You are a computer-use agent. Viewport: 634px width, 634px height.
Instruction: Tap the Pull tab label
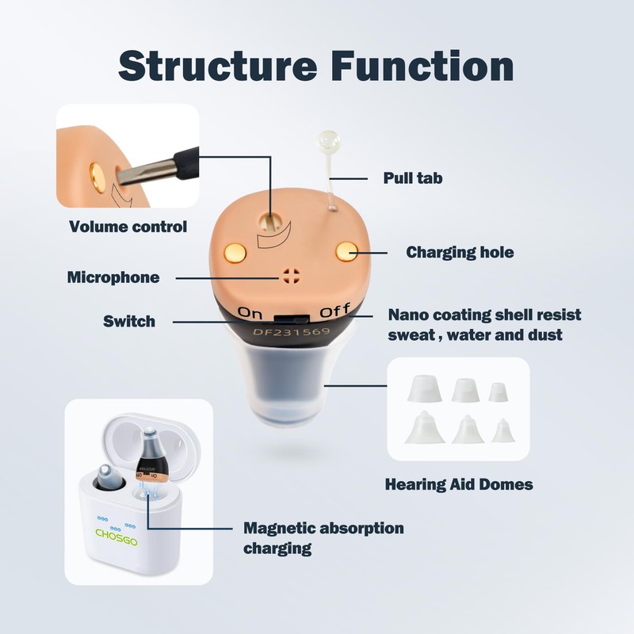click(x=412, y=178)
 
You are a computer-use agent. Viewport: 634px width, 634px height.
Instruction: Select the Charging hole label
click(x=460, y=253)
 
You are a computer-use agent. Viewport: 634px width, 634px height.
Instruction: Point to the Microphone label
click(x=113, y=277)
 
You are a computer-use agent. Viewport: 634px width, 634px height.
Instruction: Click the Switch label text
click(x=129, y=321)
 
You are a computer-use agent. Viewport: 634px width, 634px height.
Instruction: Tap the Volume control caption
click(x=128, y=227)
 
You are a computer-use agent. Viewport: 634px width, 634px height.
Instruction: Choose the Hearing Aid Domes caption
click(x=458, y=483)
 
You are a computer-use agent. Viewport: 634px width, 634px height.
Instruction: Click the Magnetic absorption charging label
click(x=323, y=537)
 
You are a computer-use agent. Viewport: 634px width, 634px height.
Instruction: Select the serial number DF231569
click(x=292, y=333)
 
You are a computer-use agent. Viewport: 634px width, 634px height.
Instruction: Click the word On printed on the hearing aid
click(x=250, y=311)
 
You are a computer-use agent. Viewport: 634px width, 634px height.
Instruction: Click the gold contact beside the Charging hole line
click(x=346, y=251)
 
